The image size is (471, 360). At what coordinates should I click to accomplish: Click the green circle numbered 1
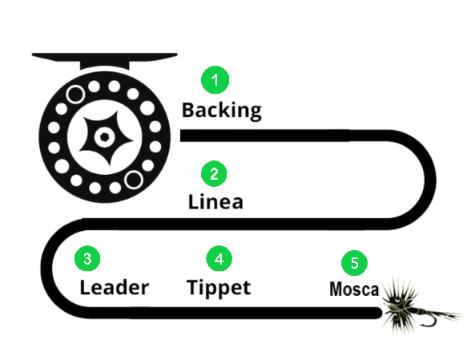[215, 79]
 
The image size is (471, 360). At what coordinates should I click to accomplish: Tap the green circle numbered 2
[214, 173]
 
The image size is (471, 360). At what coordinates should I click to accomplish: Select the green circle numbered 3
[87, 258]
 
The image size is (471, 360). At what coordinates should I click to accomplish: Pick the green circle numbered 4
[219, 258]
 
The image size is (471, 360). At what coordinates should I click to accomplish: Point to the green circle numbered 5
[354, 263]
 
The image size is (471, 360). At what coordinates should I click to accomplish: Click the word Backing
[222, 111]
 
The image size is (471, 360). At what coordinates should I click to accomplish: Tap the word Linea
[215, 201]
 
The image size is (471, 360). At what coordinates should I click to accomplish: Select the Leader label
[114, 288]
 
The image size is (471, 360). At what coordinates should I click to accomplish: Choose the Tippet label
[219, 288]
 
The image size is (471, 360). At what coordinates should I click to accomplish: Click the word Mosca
[354, 289]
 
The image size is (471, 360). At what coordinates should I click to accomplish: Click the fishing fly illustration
[421, 305]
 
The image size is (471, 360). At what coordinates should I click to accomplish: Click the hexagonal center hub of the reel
[104, 137]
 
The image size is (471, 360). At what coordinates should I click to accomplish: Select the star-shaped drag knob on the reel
[105, 138]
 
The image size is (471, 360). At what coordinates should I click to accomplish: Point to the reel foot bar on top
[104, 59]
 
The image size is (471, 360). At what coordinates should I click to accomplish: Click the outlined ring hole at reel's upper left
[75, 94]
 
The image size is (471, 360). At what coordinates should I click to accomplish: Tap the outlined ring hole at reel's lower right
[133, 180]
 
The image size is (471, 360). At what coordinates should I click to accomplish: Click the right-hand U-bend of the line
[430, 180]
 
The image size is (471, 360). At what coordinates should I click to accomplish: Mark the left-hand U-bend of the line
[46, 268]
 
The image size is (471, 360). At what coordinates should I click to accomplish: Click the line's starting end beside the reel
[181, 136]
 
